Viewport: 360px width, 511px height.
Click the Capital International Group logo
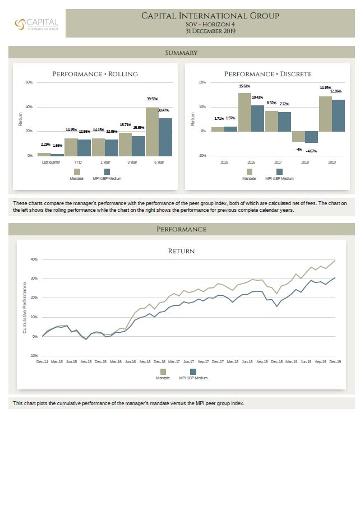(x=36, y=24)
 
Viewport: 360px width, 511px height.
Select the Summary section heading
(x=181, y=53)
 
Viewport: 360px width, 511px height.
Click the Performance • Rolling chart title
(x=95, y=74)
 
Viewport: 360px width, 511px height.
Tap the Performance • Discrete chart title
(x=267, y=74)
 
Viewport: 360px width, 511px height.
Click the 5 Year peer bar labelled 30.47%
(x=165, y=137)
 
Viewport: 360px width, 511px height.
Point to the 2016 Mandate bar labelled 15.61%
(x=244, y=112)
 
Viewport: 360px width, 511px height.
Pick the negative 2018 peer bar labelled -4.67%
(x=311, y=137)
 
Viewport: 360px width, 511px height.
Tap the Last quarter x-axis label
(x=51, y=162)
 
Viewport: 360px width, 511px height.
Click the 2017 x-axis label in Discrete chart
(x=278, y=162)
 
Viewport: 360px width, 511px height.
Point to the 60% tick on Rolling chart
(x=29, y=82)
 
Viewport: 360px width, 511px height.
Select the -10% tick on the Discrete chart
(x=202, y=155)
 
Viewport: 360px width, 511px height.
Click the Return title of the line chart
(x=181, y=251)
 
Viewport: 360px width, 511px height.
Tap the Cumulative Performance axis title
(x=25, y=308)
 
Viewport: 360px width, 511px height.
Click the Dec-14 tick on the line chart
(x=43, y=362)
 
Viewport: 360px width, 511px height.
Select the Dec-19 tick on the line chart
(x=335, y=362)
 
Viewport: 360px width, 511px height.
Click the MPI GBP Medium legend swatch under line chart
(x=193, y=371)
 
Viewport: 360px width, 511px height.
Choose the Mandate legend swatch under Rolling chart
(x=77, y=171)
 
